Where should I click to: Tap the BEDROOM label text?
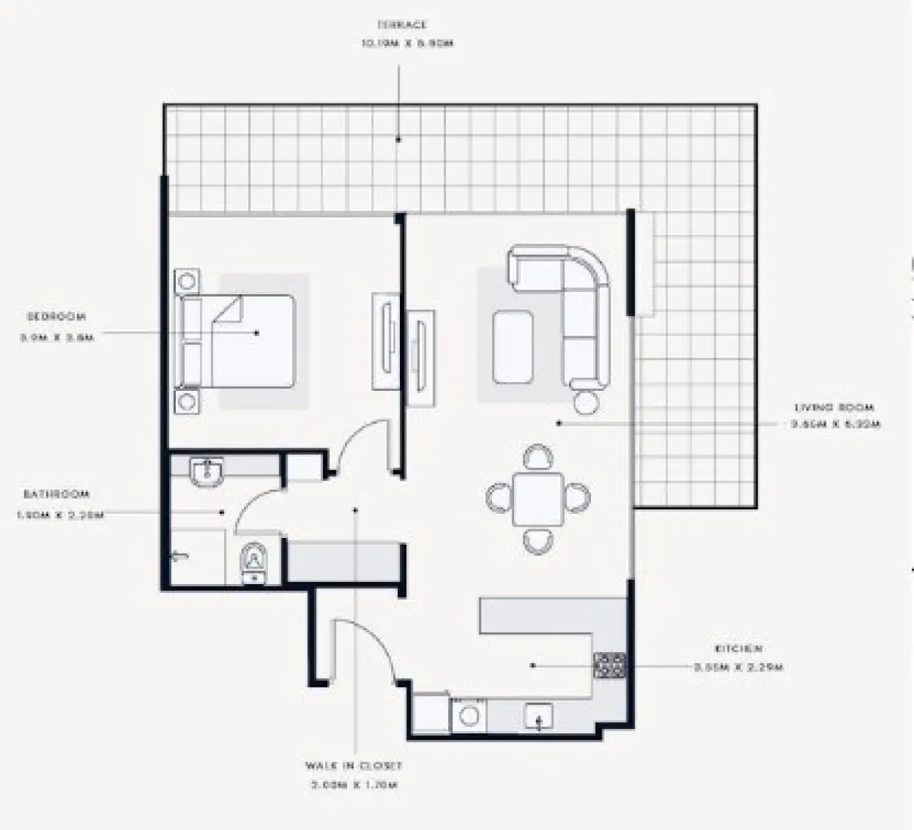[57, 317]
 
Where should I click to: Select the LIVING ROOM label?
[834, 407]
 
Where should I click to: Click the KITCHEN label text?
[738, 648]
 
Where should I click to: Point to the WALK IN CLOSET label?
[354, 765]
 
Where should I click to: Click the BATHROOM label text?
[56, 494]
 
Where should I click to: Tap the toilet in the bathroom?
[254, 562]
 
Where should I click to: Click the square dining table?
[538, 499]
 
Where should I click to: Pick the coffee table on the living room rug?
[513, 348]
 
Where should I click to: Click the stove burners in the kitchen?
[610, 666]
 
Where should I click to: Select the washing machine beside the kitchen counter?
[469, 715]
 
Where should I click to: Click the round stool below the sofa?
[586, 401]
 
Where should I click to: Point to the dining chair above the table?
[537, 457]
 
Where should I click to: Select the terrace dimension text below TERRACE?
[407, 44]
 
